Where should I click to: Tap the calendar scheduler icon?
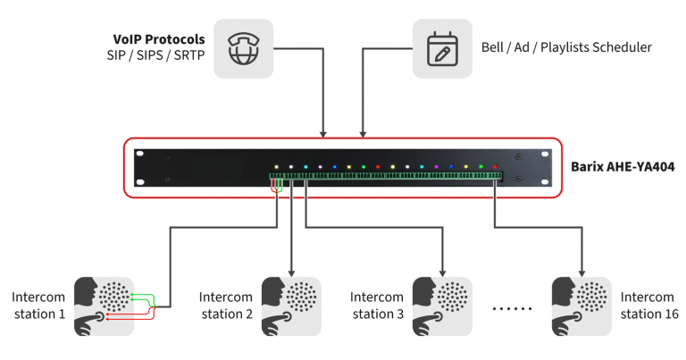click(441, 49)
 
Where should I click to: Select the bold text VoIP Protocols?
click(158, 39)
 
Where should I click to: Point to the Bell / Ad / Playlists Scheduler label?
click(566, 46)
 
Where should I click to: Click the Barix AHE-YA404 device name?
click(623, 166)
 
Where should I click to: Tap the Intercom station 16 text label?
click(648, 306)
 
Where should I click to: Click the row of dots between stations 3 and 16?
click(512, 307)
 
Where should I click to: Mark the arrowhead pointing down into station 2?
click(291, 270)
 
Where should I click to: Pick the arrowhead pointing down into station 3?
click(442, 270)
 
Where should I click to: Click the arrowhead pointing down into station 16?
click(581, 270)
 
